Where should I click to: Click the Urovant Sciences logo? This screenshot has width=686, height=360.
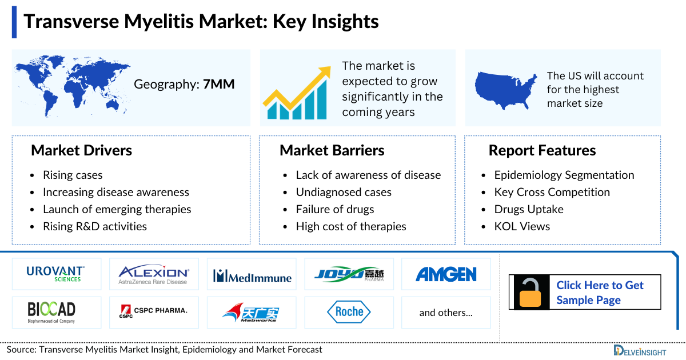tap(55, 274)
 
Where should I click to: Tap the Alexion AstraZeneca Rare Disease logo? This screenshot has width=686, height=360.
tap(153, 274)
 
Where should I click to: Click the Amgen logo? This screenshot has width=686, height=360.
tap(446, 274)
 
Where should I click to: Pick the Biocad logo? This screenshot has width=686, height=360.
tap(51, 312)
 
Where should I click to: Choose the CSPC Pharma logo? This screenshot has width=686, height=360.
tap(153, 312)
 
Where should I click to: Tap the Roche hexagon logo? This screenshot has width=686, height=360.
tap(349, 312)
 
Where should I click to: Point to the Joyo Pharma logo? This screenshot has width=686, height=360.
tap(349, 275)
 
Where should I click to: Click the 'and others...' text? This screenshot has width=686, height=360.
tap(446, 313)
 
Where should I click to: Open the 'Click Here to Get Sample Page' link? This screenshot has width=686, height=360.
tap(600, 293)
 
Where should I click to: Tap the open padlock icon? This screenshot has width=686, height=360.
tap(531, 293)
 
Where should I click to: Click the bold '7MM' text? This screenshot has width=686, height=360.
tap(219, 85)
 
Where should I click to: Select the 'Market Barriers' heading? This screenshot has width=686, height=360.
tap(332, 150)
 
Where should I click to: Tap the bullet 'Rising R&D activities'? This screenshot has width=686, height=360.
tap(95, 226)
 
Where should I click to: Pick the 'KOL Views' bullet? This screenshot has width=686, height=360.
tap(522, 226)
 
